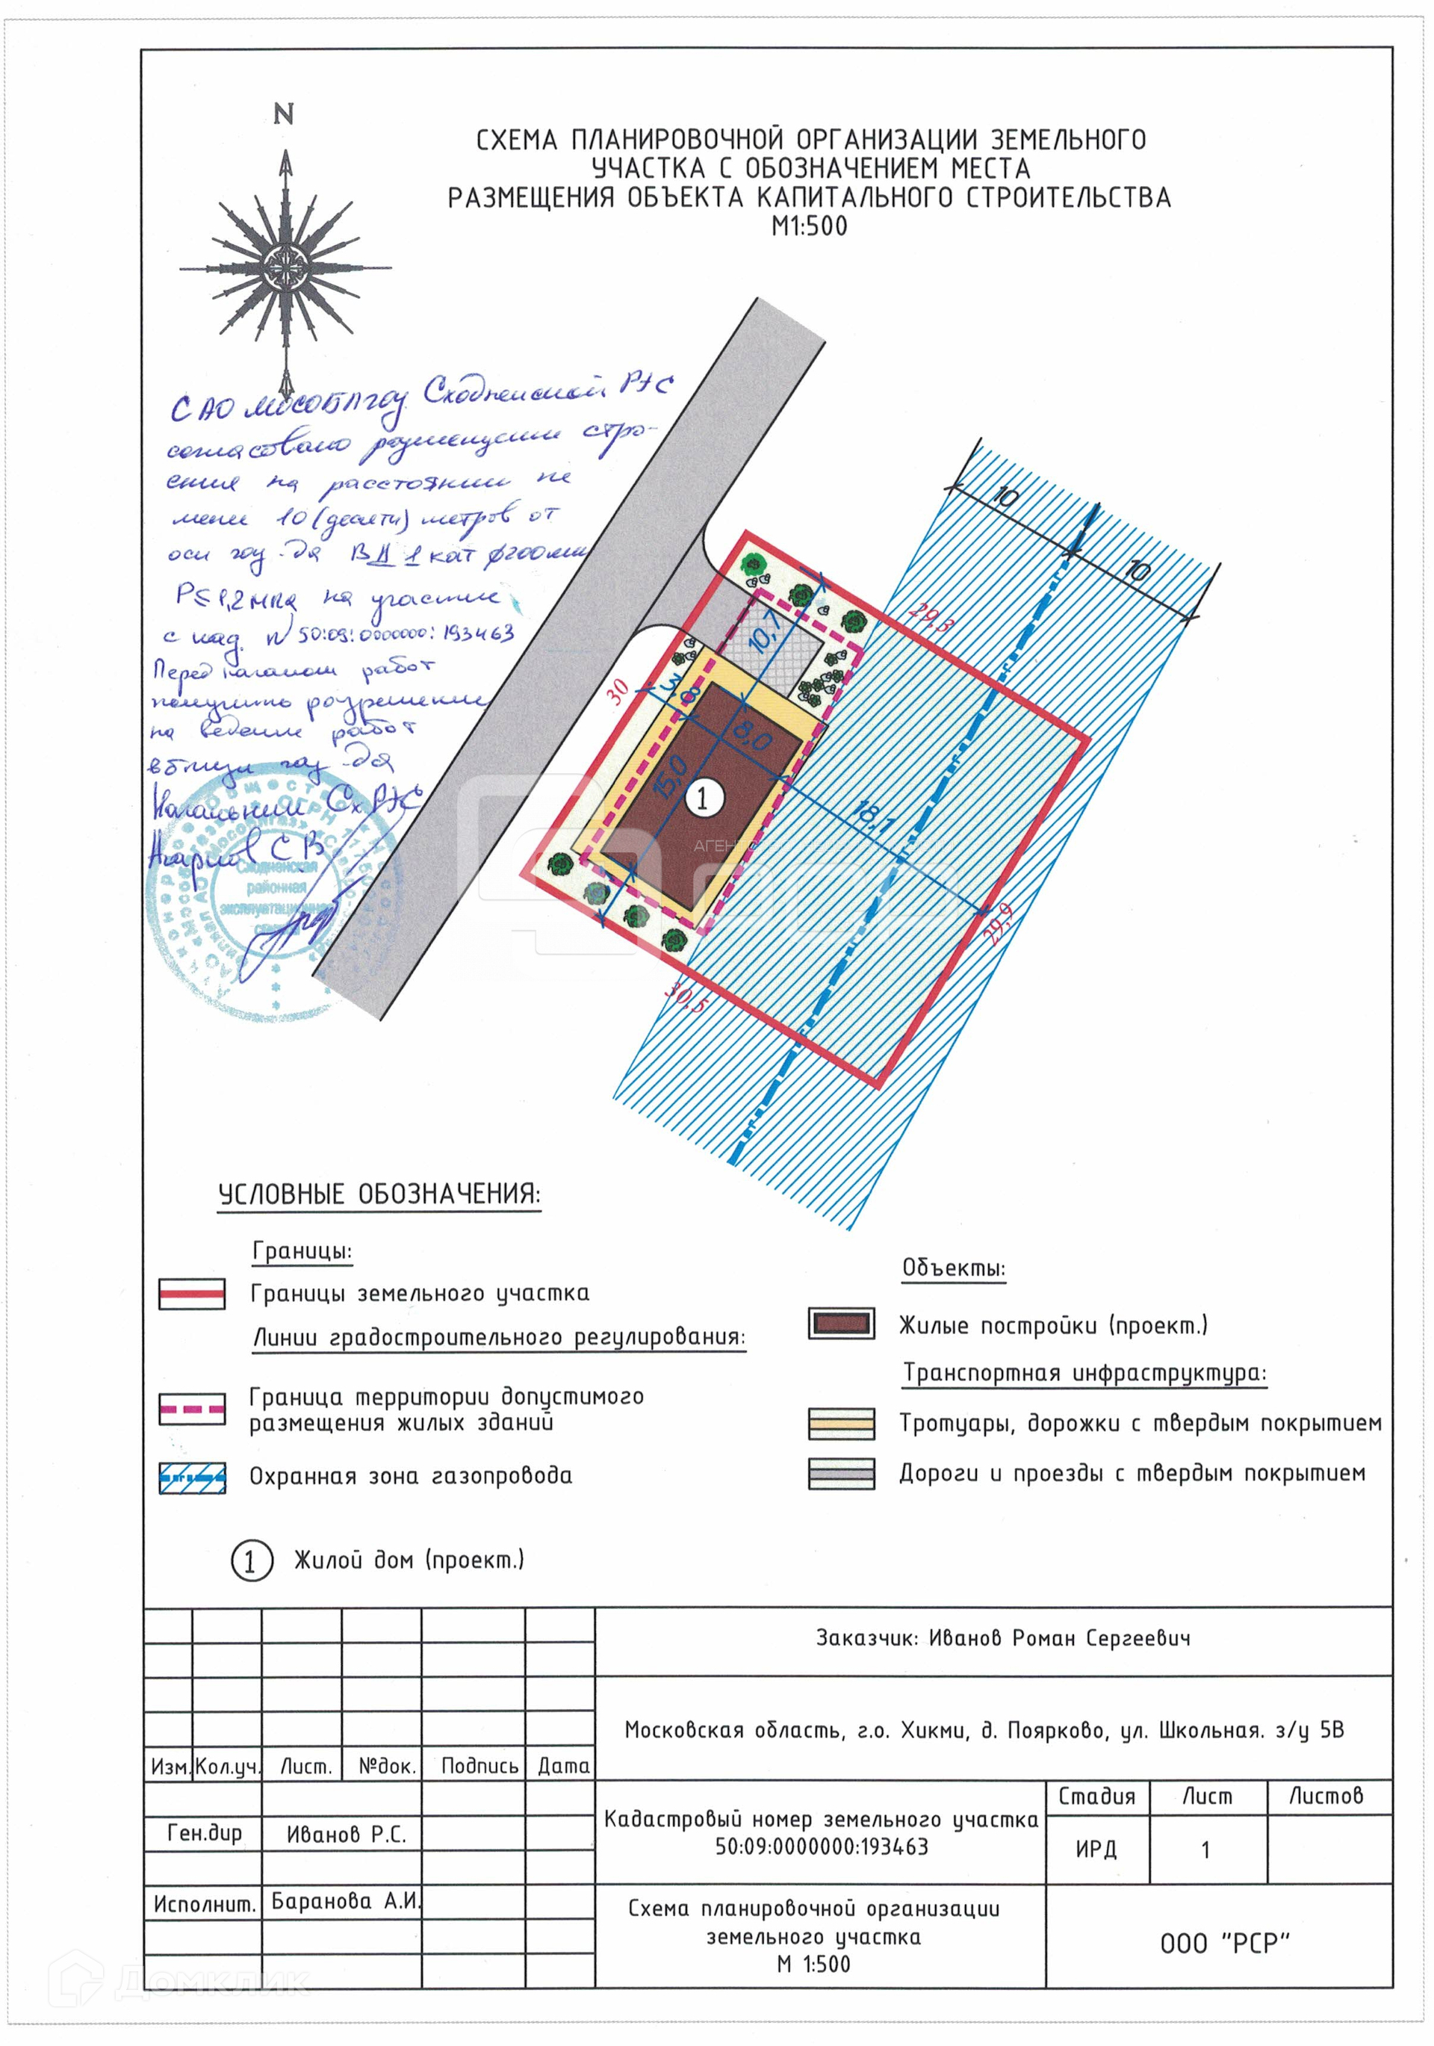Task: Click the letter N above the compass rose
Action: (x=283, y=114)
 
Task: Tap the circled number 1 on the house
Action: (x=702, y=798)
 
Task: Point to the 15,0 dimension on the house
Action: (x=670, y=776)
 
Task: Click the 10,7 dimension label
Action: (x=766, y=629)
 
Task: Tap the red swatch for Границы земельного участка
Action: (x=192, y=1293)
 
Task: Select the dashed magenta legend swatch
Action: (x=192, y=1409)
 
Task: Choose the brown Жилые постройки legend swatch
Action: (x=840, y=1324)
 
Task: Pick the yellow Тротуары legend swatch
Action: (x=840, y=1423)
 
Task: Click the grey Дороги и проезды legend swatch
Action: (x=840, y=1473)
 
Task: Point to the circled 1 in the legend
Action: (x=249, y=1560)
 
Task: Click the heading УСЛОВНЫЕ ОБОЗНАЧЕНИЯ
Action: (x=379, y=1194)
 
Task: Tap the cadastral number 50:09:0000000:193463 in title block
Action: (x=821, y=1847)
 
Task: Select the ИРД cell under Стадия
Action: (x=1096, y=1849)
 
